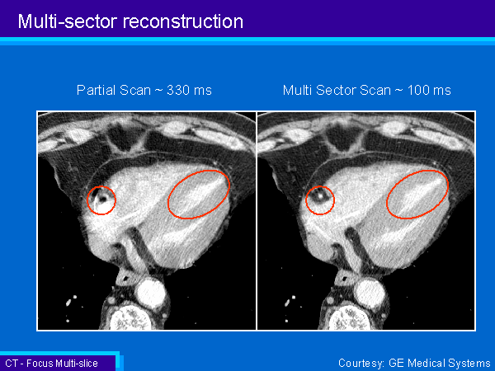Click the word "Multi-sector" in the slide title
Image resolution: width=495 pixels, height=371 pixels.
point(68,21)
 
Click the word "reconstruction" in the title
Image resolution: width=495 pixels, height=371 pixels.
point(183,21)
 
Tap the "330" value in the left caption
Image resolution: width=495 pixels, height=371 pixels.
point(177,90)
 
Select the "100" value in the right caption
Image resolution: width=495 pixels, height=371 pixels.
point(418,90)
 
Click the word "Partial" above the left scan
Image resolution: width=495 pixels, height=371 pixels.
point(96,90)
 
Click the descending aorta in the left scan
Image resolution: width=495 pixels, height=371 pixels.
point(151,294)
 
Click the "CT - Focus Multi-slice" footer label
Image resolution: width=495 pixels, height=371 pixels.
point(51,364)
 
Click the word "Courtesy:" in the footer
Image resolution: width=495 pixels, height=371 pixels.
point(361,364)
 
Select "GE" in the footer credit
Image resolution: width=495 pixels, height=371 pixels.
point(397,363)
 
